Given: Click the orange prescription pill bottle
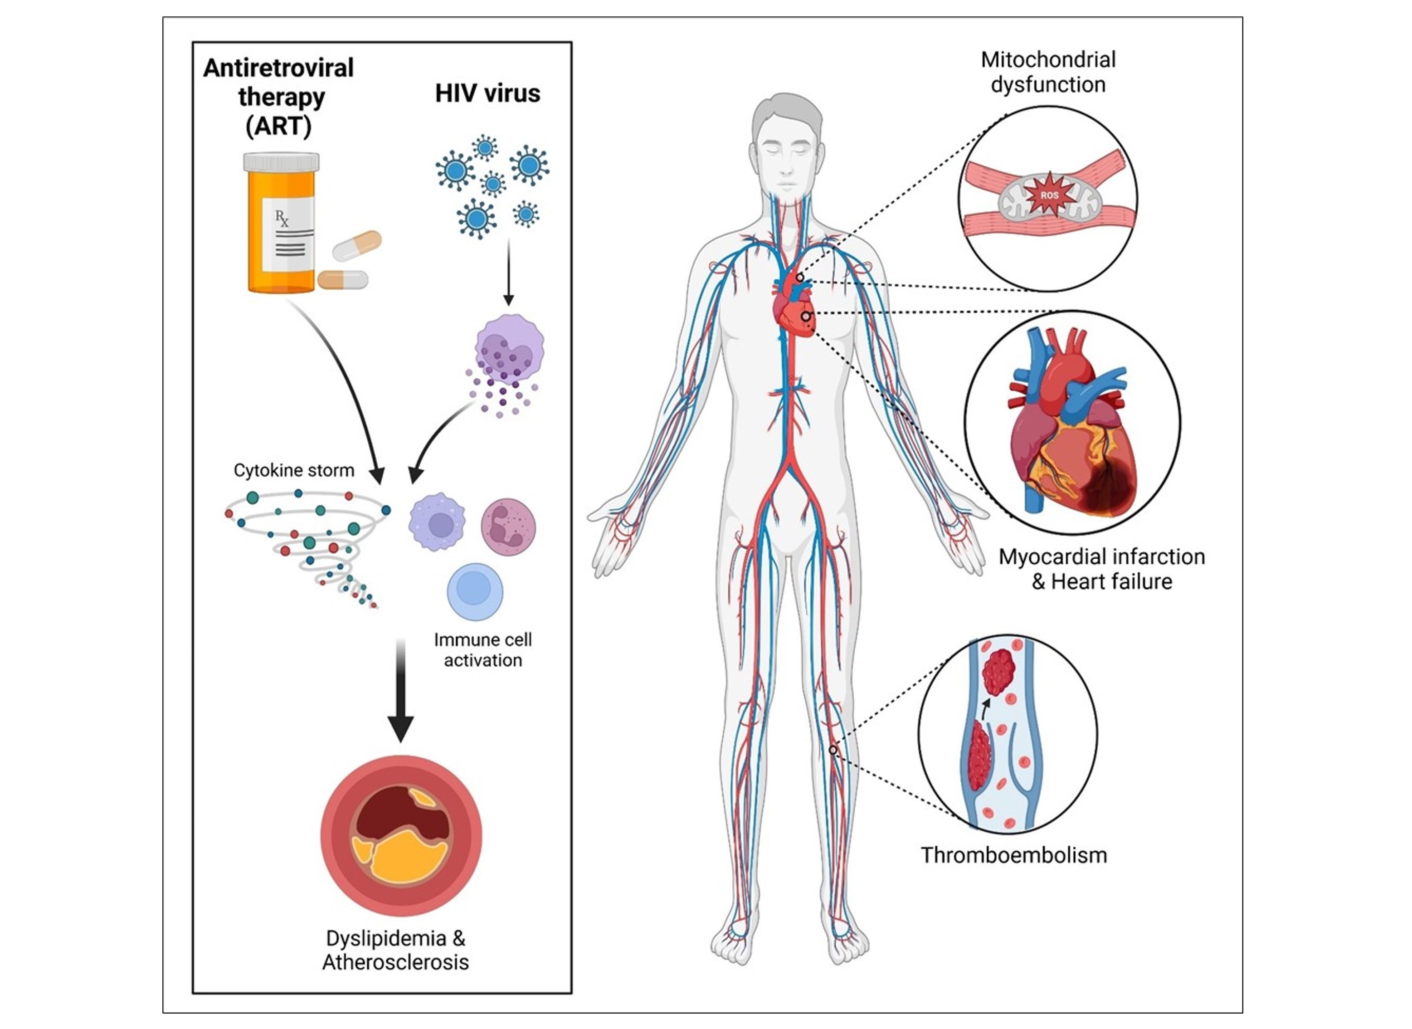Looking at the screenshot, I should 281,230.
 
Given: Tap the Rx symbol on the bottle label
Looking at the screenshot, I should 282,218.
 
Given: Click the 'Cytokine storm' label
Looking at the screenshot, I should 293,470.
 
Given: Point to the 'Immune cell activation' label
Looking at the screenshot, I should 483,650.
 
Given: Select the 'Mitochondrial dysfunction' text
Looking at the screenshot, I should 1048,72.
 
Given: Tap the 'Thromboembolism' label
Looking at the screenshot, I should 1014,855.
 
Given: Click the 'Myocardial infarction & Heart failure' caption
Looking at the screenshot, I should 1101,569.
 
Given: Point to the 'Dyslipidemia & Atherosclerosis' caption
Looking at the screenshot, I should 395,950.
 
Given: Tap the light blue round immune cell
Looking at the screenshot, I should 475,591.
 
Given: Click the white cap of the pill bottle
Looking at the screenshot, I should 281,162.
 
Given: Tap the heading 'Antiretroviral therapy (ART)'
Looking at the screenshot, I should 278,97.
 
